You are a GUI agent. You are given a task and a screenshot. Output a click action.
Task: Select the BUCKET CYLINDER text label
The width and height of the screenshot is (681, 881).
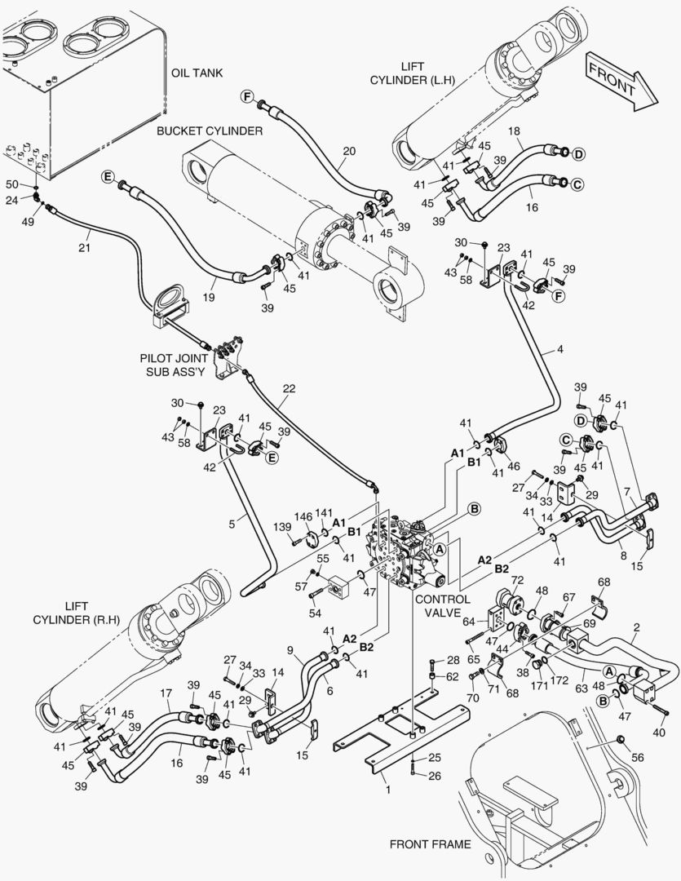coord(210,131)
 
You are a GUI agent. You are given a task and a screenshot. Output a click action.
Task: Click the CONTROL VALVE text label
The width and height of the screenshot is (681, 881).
coord(442,606)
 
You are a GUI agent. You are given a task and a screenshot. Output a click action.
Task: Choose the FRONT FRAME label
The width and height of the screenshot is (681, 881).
coord(430,844)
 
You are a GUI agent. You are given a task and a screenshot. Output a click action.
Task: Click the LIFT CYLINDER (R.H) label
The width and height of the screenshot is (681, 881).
coord(77,613)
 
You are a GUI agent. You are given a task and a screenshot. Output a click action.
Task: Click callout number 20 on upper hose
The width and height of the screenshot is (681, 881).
coord(349,151)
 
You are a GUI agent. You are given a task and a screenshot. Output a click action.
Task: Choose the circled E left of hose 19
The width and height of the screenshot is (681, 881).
coord(107,176)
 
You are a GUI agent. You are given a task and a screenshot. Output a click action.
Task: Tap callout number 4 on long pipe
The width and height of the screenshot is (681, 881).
coord(559,351)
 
